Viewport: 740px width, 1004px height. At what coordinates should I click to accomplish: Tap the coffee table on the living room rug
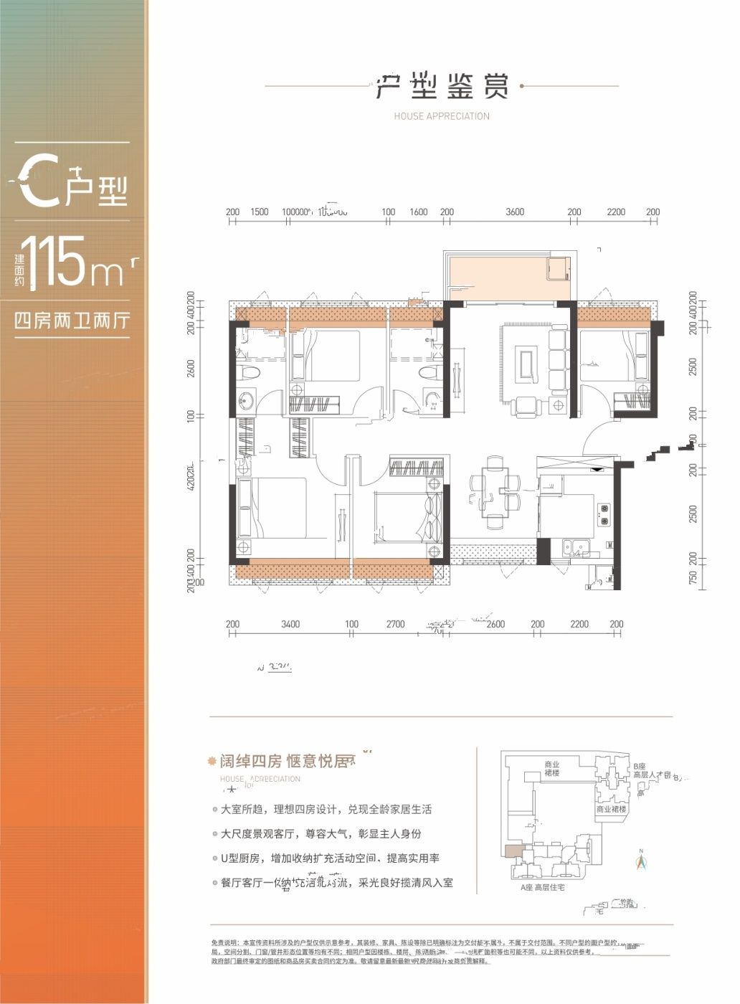coord(528,364)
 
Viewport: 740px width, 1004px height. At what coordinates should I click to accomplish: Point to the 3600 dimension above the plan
coord(514,212)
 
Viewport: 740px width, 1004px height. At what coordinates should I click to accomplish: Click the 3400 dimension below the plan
coord(290,624)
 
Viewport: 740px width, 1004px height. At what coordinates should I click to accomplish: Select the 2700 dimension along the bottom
coord(396,624)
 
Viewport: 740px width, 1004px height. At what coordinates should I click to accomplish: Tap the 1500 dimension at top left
coord(260,212)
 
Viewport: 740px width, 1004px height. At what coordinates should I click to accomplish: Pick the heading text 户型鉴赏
coord(442,87)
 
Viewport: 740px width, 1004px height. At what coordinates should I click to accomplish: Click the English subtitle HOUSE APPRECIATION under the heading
coord(442,116)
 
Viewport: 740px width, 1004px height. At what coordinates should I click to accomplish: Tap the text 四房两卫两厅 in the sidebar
coord(71,321)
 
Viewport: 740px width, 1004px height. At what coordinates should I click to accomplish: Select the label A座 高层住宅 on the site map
coord(543,887)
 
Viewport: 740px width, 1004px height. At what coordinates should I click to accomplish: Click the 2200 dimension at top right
coord(615,212)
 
